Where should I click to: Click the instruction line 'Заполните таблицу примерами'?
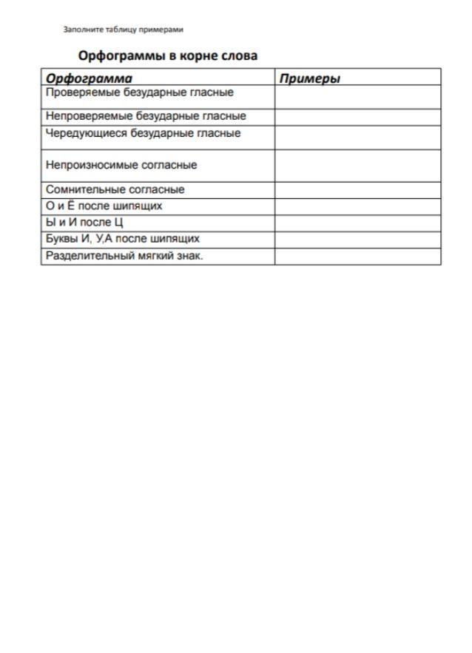click(x=124, y=30)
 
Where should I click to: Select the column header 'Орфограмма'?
click(x=90, y=78)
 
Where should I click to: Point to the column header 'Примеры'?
click(x=310, y=78)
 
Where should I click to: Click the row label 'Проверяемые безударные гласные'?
click(x=140, y=93)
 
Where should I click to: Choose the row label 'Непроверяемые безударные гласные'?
click(x=146, y=116)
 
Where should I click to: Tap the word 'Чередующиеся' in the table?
click(x=87, y=134)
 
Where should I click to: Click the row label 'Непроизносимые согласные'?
click(x=121, y=165)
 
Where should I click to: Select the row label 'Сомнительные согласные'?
click(x=115, y=189)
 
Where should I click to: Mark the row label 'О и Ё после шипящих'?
click(x=104, y=206)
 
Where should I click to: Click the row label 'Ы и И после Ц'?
click(x=84, y=222)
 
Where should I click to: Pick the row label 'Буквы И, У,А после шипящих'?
click(x=123, y=239)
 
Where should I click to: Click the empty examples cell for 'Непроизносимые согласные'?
click(x=357, y=166)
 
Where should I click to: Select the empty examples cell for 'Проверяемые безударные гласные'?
click(x=357, y=97)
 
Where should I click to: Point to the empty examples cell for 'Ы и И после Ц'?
click(x=357, y=223)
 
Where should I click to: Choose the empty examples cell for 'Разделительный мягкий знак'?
click(x=357, y=256)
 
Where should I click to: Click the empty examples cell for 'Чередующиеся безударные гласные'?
click(x=357, y=137)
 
